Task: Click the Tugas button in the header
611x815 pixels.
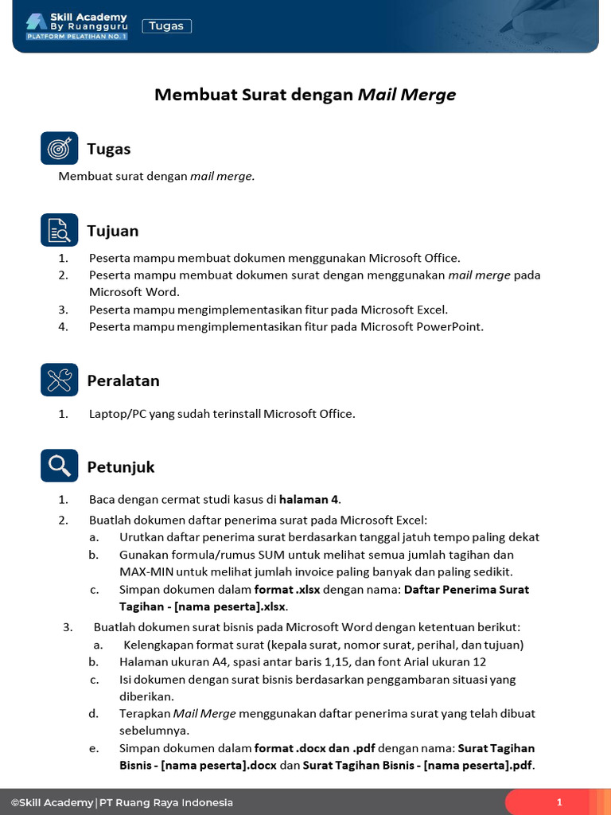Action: coord(166,26)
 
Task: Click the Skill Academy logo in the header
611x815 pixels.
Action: coord(76,25)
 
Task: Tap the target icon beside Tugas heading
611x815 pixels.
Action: coord(60,148)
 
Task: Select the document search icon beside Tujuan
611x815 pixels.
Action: coord(60,230)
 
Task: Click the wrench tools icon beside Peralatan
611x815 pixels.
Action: coord(60,380)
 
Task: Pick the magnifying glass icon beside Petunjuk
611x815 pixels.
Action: coord(60,466)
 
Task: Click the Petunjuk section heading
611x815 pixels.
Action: coord(120,466)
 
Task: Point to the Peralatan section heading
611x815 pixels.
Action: coord(123,380)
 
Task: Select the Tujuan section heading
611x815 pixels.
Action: coord(112,231)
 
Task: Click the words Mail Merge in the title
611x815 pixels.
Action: coord(407,96)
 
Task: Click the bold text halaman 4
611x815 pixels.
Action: coord(308,500)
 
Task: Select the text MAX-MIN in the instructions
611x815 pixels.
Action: coord(146,571)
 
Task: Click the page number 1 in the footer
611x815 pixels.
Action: coord(559,802)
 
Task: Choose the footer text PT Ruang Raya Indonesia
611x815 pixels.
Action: coord(166,802)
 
